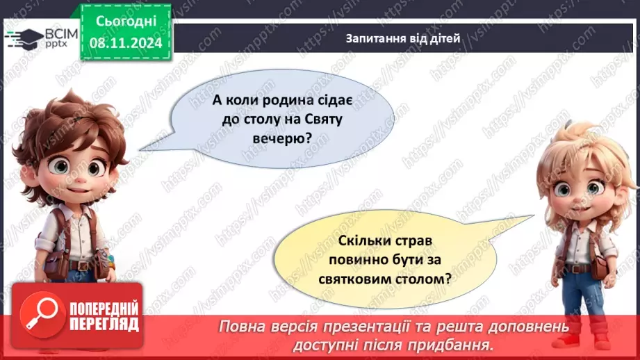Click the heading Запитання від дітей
tap(403, 38)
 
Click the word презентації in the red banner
tap(402, 327)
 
